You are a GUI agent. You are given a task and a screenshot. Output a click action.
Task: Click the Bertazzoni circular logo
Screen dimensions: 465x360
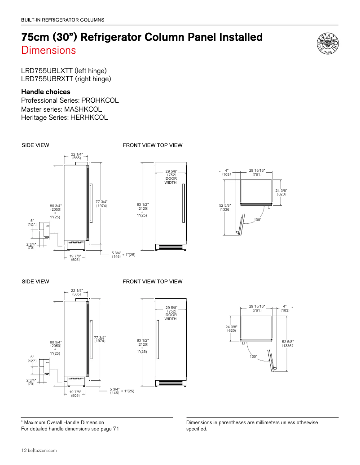(327, 44)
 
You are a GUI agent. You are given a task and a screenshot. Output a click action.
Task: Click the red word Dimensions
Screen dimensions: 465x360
(48, 50)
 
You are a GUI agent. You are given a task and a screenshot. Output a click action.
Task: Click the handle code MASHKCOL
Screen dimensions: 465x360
(83, 109)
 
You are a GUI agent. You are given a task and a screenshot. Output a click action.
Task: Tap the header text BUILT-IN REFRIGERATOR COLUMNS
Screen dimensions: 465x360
(63, 20)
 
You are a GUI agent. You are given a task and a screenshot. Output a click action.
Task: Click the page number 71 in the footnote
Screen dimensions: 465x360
(116, 429)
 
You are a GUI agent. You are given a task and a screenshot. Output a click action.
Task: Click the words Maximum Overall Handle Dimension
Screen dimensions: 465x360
(64, 422)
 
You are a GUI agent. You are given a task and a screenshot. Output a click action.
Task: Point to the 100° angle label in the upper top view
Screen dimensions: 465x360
(258, 220)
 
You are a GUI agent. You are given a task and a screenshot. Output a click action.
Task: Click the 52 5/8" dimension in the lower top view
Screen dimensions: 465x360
(288, 344)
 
